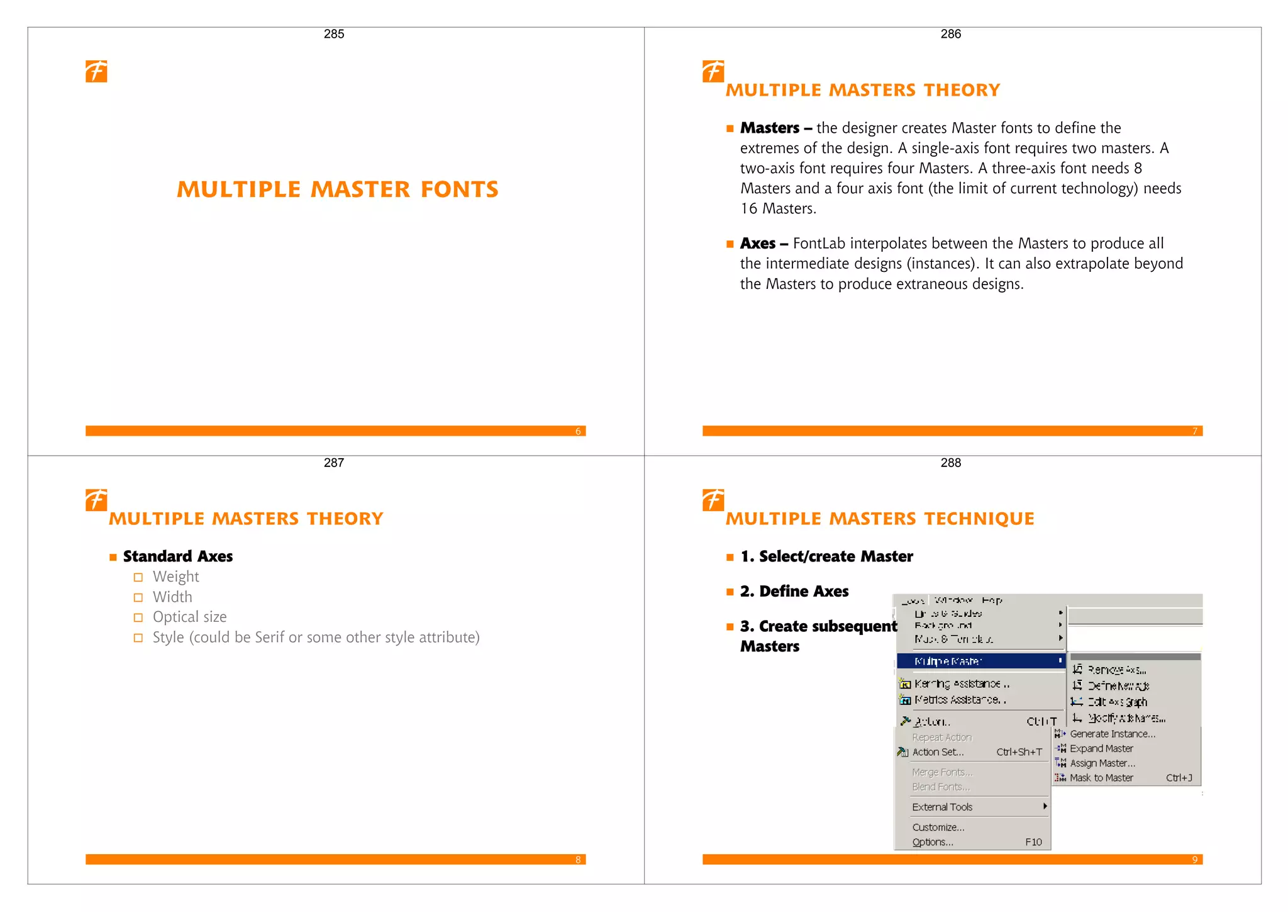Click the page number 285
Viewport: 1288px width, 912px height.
coord(334,34)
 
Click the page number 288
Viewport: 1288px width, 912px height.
coord(950,463)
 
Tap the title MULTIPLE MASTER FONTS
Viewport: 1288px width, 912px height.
coord(338,189)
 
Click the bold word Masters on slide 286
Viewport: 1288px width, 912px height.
coord(770,128)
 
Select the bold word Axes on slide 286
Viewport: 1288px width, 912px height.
coord(757,244)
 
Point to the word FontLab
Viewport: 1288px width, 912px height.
coord(819,244)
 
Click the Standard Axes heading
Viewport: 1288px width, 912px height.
coord(178,556)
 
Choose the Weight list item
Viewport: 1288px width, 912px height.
coord(175,577)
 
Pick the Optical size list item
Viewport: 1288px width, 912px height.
coord(189,617)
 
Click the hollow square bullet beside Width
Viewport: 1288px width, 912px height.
coord(138,597)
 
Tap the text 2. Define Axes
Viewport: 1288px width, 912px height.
coord(794,591)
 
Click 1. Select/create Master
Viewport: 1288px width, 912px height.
coord(826,556)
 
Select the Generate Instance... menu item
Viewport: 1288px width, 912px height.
coord(1112,734)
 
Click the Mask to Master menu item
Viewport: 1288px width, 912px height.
coord(1101,778)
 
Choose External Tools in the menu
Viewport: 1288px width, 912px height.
coord(942,807)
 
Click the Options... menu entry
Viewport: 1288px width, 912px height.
coord(933,842)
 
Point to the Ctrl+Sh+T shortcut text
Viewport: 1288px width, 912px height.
coord(1019,752)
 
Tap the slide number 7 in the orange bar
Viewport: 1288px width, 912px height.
coord(1194,431)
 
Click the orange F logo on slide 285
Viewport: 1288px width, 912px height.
coord(96,71)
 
